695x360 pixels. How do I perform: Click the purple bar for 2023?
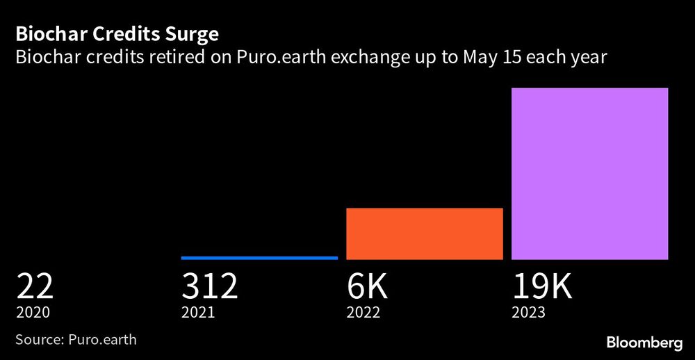[x=589, y=174]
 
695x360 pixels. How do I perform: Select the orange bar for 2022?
[x=424, y=234]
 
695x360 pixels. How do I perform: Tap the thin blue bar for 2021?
[x=259, y=258]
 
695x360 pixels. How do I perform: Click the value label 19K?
[x=543, y=286]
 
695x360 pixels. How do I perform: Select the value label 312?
[x=210, y=286]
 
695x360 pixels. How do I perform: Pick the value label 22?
[x=35, y=286]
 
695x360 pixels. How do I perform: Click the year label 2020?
[x=33, y=313]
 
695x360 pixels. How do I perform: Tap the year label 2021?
[x=198, y=313]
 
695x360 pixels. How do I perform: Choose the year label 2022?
[x=363, y=313]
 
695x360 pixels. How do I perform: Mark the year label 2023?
[x=529, y=313]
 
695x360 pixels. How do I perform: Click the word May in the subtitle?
[x=478, y=58]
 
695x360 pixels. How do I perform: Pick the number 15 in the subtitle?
[x=512, y=58]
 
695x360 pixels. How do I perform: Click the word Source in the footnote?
[x=38, y=340]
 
